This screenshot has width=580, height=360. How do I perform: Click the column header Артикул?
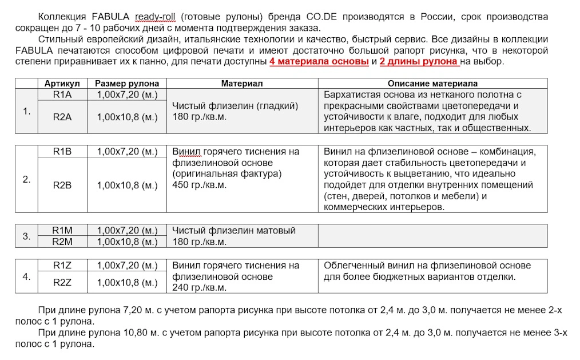[x=62, y=84]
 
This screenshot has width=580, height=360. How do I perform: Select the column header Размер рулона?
[x=127, y=84]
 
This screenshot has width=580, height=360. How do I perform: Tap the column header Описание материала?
[x=432, y=84]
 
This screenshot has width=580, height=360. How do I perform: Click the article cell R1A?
[x=62, y=94]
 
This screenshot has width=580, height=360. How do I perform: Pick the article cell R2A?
[x=62, y=117]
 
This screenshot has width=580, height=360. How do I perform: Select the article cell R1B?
[x=62, y=152]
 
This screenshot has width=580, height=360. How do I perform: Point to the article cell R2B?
[x=62, y=185]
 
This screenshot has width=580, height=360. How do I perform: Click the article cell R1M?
[x=62, y=230]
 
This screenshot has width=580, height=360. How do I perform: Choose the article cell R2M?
[x=62, y=242]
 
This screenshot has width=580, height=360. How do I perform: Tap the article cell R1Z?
[x=62, y=265]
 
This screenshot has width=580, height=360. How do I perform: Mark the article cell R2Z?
[x=62, y=282]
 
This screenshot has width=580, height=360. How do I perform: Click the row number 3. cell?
[x=26, y=236]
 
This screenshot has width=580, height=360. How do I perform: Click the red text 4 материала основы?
[x=319, y=62]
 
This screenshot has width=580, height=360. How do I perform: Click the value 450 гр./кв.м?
[x=200, y=185]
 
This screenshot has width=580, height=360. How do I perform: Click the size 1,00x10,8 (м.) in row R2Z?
[x=127, y=282]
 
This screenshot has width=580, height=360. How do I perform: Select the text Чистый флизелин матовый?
[x=234, y=230]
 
